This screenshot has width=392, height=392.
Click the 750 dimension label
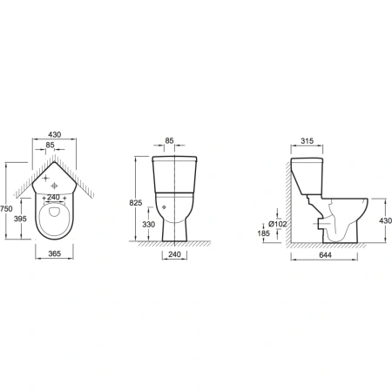tap(6, 209)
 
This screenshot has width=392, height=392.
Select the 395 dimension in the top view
tap(20, 219)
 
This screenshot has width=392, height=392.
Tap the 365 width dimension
tap(54, 253)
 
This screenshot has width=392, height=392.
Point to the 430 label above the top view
tap(55, 135)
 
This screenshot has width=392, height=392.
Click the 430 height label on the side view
tap(386, 220)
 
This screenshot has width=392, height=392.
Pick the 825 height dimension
tap(136, 203)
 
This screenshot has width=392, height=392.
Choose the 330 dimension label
tap(149, 224)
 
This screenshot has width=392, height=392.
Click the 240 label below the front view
tap(174, 254)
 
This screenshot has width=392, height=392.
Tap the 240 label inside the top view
tap(53, 198)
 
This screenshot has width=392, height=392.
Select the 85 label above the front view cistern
tap(169, 141)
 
